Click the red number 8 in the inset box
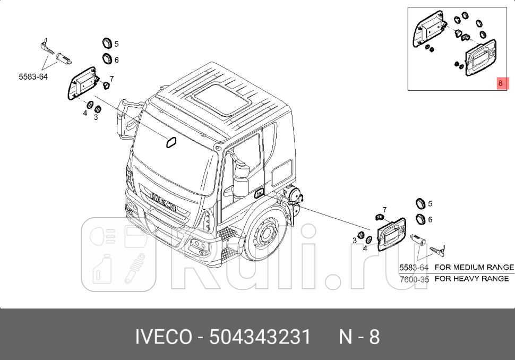[500, 83]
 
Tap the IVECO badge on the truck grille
[165, 201]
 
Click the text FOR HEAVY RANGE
[471, 279]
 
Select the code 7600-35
[414, 279]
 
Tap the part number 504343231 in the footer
[260, 337]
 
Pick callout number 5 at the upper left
[116, 44]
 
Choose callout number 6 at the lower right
[430, 219]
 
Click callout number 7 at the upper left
[112, 78]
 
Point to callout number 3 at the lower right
[354, 241]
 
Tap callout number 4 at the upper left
[85, 113]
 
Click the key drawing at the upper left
[45, 46]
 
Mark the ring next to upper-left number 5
[107, 43]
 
